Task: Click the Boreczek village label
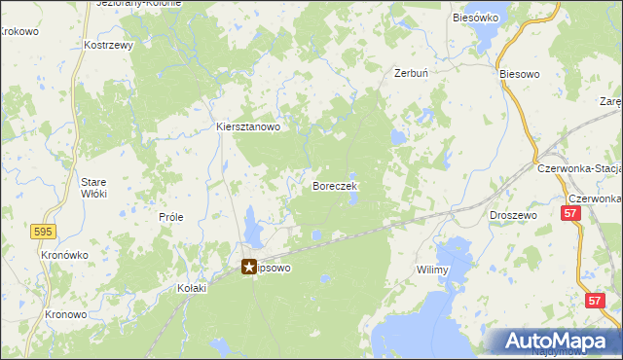(x=336, y=185)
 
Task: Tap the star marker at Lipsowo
(x=249, y=266)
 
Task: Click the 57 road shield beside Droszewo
(x=572, y=212)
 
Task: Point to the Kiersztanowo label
(x=248, y=126)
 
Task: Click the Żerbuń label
(x=410, y=73)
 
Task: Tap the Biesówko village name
(x=476, y=18)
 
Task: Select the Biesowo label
(x=518, y=73)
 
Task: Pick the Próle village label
(x=171, y=217)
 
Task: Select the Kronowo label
(x=66, y=315)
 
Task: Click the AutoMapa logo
(x=555, y=342)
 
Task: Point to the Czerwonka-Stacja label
(x=579, y=168)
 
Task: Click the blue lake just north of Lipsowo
(x=253, y=230)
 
